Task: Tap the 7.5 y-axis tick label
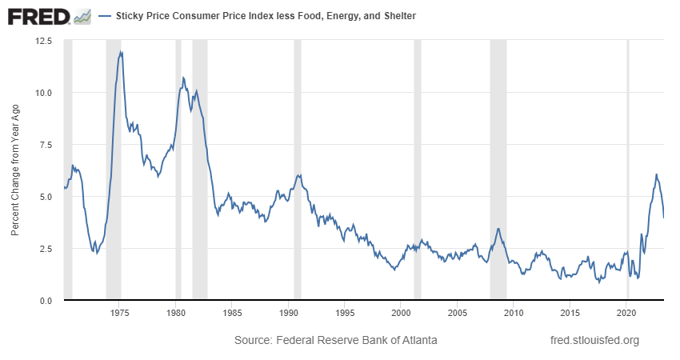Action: click(45, 144)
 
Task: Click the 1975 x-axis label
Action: click(119, 312)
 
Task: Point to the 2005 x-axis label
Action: click(457, 312)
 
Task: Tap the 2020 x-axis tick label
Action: click(626, 312)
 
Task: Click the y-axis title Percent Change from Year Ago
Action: click(15, 170)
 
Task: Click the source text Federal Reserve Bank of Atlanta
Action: click(335, 340)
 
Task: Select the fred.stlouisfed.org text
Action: click(595, 340)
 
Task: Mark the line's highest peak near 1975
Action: click(121, 52)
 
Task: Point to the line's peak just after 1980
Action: click(183, 78)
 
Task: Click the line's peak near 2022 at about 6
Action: click(656, 174)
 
